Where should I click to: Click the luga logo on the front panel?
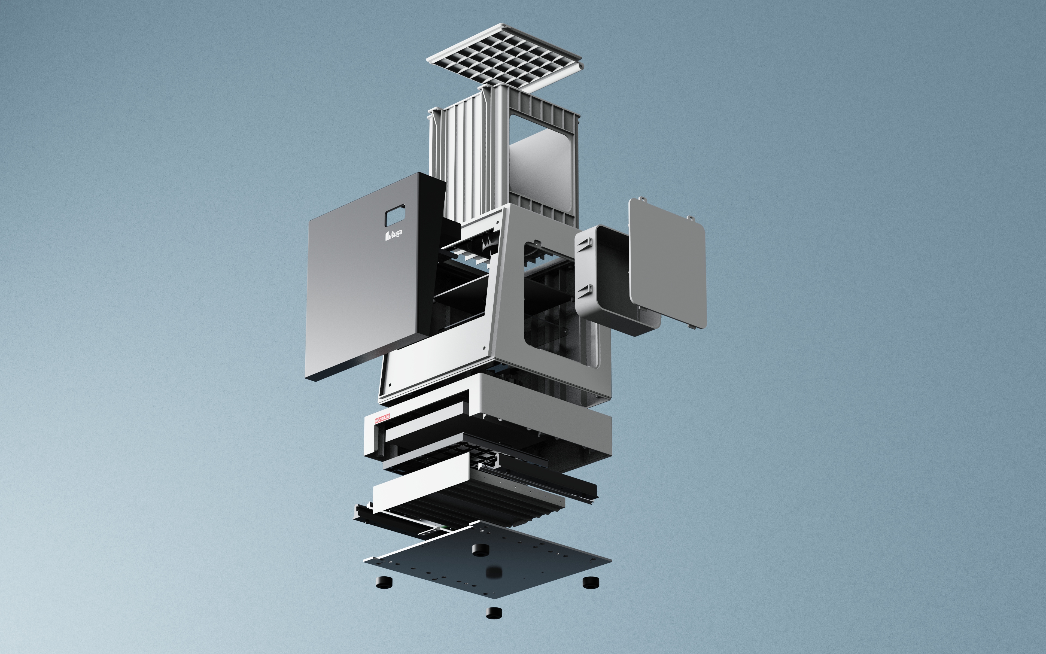pyautogui.click(x=393, y=235)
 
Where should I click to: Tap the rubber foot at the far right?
pyautogui.click(x=591, y=583)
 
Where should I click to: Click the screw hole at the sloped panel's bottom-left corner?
pyautogui.click(x=390, y=384)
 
